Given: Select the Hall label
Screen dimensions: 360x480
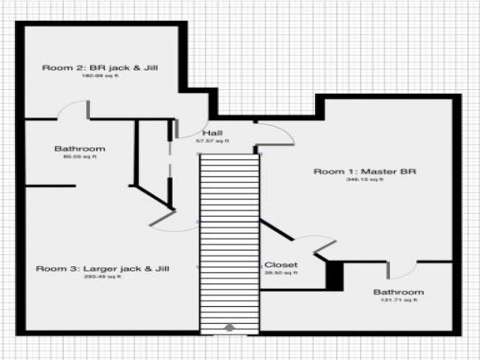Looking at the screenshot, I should (x=212, y=133).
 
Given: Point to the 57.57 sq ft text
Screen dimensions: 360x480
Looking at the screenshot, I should (x=212, y=141).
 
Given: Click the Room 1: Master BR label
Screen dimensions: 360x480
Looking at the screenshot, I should (x=364, y=172).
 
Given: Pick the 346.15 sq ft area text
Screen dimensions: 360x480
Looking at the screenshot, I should (x=364, y=180).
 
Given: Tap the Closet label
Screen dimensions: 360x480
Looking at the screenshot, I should (x=281, y=265).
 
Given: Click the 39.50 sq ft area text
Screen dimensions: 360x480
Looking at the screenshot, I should (x=281, y=273).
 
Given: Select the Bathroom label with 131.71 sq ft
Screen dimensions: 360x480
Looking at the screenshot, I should (x=399, y=292).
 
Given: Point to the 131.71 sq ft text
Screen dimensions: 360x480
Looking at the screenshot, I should (x=399, y=300).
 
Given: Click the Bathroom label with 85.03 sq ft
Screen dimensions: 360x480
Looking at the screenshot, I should (x=79, y=148).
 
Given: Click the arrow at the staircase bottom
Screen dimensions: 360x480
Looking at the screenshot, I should (x=229, y=327).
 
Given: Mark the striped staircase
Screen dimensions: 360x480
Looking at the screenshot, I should (x=229, y=240).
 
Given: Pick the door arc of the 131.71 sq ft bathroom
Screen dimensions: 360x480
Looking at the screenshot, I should (x=403, y=267).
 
